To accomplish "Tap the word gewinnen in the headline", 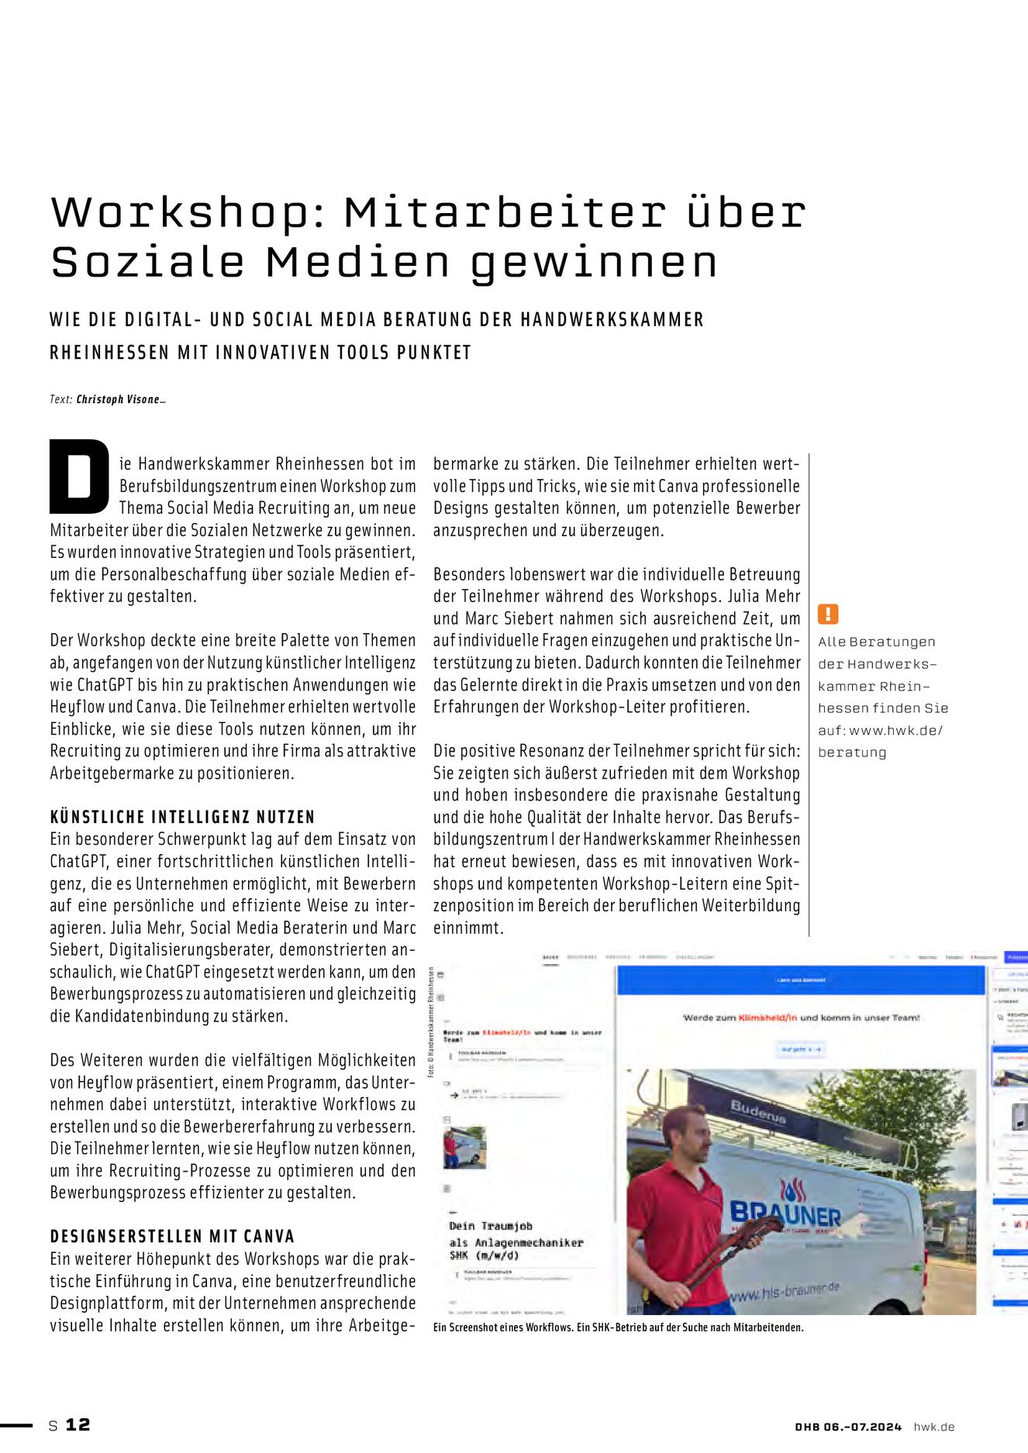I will pos(594,263).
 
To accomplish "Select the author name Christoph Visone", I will pos(118,400).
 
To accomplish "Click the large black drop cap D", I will pos(79,476).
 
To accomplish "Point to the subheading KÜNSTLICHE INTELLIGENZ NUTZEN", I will pos(182,817).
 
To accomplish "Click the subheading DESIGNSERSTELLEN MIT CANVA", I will pos(172,1236).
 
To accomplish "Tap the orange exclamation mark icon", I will pos(828,615).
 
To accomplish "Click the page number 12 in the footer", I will pos(78,1424).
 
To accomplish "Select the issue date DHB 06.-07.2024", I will pos(848,1427).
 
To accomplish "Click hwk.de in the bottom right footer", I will pos(933,1427).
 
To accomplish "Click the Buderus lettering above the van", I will pos(757,1113).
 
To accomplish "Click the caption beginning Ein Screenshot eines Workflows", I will pos(618,1327).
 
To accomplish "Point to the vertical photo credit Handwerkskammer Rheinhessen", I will pos(430,1022).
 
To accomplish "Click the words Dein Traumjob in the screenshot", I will pos(490,1226).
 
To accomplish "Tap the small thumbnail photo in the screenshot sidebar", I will pos(464,1147).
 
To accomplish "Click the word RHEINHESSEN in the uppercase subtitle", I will pos(109,353).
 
